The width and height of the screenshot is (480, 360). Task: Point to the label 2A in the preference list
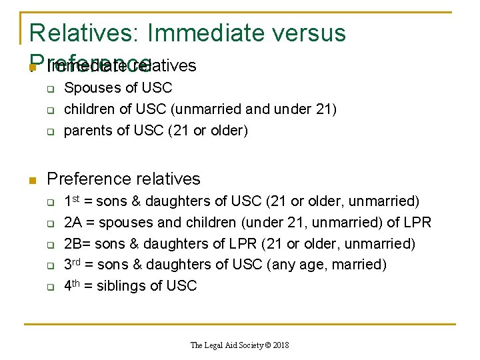tap(73, 222)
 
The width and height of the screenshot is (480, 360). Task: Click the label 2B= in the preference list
tap(75, 243)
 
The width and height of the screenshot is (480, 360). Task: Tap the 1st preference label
tap(73, 201)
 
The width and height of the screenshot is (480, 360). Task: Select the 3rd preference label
tap(73, 265)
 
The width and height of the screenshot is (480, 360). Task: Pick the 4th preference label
tap(73, 286)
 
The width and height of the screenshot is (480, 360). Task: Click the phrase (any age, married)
tap(326, 265)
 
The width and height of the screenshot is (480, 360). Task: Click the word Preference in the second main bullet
tap(86, 179)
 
